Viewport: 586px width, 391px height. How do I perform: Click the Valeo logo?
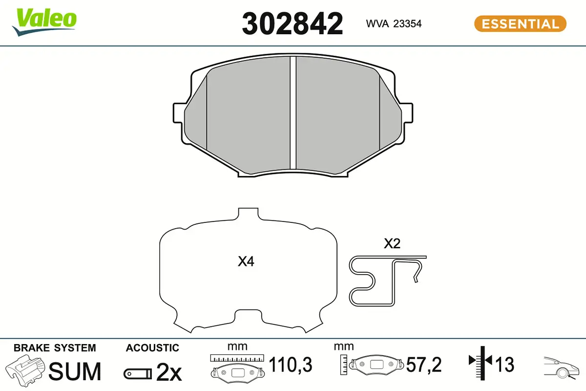[x=44, y=22]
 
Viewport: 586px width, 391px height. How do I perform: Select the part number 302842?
[x=293, y=24]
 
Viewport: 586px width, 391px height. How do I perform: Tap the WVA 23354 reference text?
[x=394, y=24]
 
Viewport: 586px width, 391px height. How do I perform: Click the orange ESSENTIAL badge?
[x=520, y=24]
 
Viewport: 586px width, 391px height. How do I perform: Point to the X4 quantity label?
[x=246, y=261]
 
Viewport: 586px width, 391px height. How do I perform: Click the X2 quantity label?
[x=392, y=243]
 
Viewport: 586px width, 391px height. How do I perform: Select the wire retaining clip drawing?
[x=387, y=281]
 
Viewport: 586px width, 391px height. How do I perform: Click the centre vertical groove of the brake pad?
[x=293, y=112]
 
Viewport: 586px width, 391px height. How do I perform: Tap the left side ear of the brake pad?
[x=178, y=113]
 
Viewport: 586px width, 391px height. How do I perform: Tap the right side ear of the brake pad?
[x=408, y=113]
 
